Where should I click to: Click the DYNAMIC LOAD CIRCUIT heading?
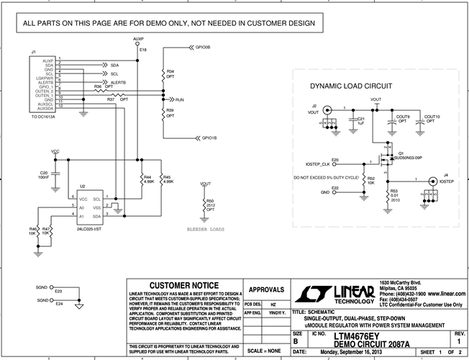pyautogui.click(x=351, y=86)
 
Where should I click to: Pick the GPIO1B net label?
pyautogui.click(x=209, y=137)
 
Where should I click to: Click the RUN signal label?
pyautogui.click(x=180, y=99)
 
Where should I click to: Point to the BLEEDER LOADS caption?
pyautogui.click(x=206, y=229)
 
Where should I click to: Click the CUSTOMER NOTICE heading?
pyautogui.click(x=183, y=285)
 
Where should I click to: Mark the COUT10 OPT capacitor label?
pyautogui.click(x=432, y=119)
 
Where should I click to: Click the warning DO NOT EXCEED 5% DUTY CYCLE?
pyautogui.click(x=324, y=176)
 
